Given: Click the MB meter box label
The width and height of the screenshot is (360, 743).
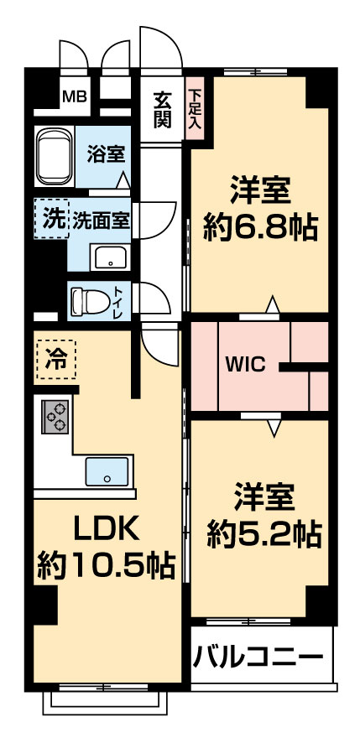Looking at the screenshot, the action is tap(75, 97).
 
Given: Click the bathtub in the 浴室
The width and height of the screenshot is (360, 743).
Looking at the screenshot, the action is tap(55, 157).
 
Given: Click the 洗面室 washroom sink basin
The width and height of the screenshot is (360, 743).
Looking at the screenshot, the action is tap(110, 257).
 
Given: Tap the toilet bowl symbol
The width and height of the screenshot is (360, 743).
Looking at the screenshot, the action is tap(90, 300).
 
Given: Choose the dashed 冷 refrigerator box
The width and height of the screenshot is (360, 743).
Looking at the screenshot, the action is tap(56, 359).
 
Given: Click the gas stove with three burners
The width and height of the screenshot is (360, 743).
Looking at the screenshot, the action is tap(55, 417).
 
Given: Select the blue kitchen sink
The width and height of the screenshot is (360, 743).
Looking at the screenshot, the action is tap(107, 471).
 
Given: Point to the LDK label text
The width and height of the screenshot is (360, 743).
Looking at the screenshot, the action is tap(107, 531).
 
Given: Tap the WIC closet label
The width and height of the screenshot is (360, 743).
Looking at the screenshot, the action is tap(246, 366).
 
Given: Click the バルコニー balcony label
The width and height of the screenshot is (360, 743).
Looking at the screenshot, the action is tap(258, 657).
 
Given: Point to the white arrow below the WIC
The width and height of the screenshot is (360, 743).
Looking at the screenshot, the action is tap(274, 428).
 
